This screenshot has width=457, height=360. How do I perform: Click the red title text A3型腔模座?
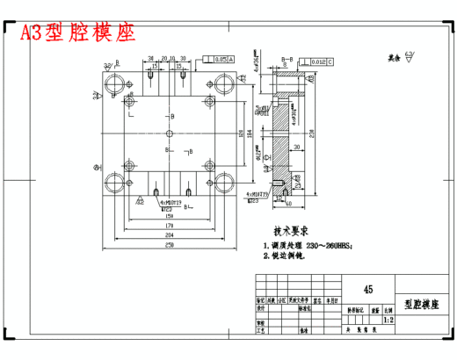tap(78, 32)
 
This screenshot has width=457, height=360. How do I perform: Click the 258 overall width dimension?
tap(166, 247)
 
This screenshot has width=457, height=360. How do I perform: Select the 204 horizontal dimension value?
tap(166, 235)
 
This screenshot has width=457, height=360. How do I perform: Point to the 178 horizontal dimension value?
tap(166, 225)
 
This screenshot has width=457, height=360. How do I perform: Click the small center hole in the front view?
tap(167, 133)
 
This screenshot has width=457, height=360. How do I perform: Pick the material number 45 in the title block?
tap(366, 288)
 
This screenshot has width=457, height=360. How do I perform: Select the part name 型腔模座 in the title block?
tap(420, 303)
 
